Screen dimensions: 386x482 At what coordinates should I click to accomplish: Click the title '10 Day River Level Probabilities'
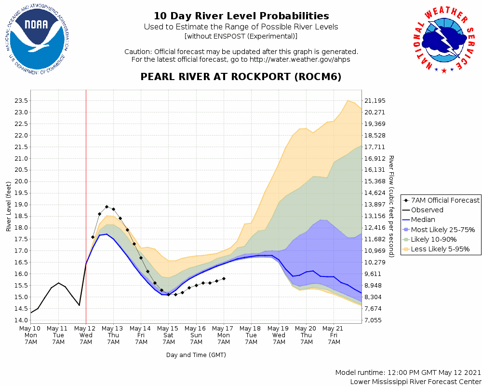click(241, 16)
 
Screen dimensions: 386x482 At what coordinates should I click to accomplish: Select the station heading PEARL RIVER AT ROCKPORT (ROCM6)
click(241, 77)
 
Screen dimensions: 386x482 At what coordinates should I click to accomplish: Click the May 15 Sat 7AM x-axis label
click(169, 335)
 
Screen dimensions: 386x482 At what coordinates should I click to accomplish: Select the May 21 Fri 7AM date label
click(334, 335)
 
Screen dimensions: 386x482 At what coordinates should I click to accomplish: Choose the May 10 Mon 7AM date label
click(31, 335)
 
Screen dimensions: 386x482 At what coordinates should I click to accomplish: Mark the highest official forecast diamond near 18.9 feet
click(107, 207)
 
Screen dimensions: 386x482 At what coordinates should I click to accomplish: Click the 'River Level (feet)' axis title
click(9, 207)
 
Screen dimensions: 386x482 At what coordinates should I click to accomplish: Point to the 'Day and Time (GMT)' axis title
click(196, 355)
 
